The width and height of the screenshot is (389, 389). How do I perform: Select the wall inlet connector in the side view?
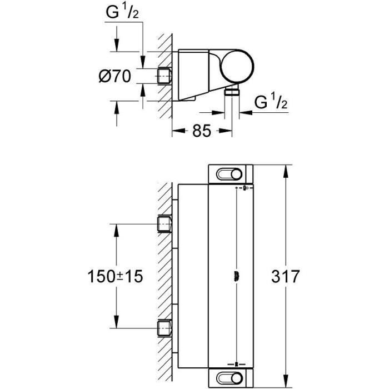coord(165,76)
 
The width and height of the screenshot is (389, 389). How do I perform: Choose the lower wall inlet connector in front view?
coord(165,329)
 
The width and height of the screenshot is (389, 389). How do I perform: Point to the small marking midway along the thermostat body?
coord(237,276)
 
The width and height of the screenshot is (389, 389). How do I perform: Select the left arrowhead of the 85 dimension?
coord(176,132)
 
